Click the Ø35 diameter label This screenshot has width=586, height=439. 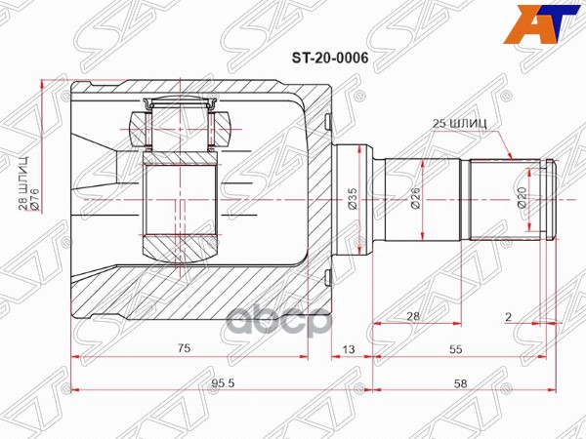point(353,199)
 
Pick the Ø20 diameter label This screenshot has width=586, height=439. point(521,199)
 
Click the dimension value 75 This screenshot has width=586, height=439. point(183,348)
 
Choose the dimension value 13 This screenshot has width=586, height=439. point(349,348)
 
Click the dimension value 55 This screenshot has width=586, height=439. point(455,348)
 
